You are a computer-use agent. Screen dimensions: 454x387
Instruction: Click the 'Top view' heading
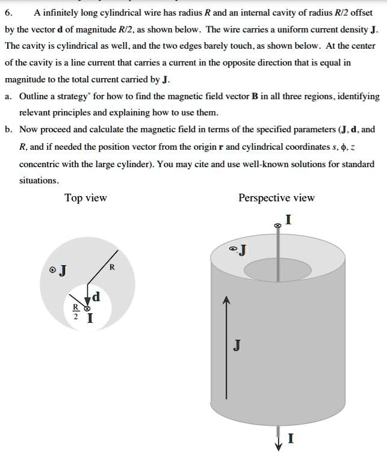(x=85, y=198)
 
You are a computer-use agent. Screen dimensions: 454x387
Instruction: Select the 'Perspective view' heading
(x=276, y=198)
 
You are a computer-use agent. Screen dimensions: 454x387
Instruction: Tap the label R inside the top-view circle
(x=111, y=267)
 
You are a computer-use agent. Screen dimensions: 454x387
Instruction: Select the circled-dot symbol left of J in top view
(x=53, y=271)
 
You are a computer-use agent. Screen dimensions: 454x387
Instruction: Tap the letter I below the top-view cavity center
(x=90, y=319)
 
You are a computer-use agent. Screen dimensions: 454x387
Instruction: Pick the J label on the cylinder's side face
(x=237, y=345)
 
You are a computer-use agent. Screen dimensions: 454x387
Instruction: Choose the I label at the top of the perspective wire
(x=289, y=220)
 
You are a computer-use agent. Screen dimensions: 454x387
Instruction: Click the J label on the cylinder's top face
(x=242, y=250)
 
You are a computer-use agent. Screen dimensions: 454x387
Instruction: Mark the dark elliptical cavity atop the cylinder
(x=277, y=271)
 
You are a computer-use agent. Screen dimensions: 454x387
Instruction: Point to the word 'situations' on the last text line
(x=39, y=180)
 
